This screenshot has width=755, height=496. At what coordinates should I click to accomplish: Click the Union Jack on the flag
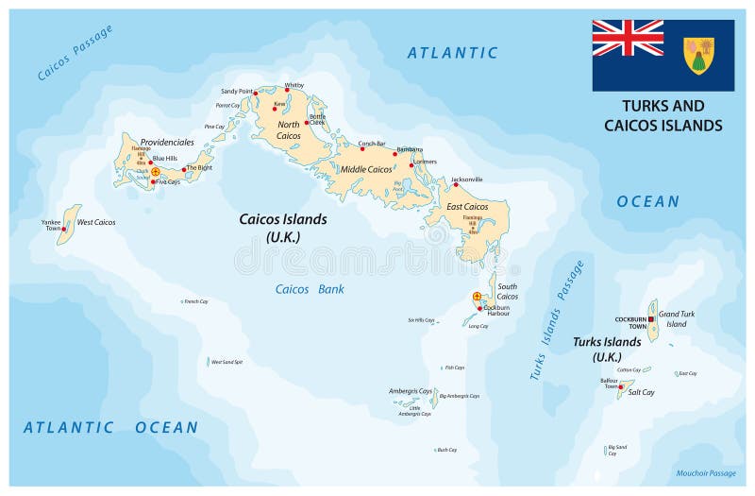tap(628, 38)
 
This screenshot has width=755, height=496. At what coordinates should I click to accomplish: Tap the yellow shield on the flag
tap(698, 55)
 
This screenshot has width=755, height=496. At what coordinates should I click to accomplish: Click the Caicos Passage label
tap(75, 53)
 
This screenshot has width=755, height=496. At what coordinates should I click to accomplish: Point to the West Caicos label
tap(96, 222)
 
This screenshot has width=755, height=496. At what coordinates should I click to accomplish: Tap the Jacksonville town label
tap(466, 179)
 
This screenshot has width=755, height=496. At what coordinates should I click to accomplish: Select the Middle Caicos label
tap(366, 169)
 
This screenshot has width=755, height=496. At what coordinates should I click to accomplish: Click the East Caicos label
tap(467, 206)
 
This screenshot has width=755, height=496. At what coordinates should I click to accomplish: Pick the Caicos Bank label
tap(310, 289)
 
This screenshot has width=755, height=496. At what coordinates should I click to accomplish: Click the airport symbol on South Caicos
tap(477, 297)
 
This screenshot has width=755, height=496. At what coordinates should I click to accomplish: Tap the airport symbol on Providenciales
tap(155, 172)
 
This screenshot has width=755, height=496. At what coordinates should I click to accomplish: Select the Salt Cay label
tap(641, 391)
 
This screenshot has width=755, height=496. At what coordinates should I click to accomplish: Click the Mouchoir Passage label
tap(705, 472)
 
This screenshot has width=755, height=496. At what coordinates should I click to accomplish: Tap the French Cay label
tap(196, 301)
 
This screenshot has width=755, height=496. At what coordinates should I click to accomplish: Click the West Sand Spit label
tap(226, 362)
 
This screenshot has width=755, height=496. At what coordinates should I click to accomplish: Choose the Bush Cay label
tap(446, 450)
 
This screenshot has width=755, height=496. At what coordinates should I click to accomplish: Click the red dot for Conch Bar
tap(361, 149)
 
